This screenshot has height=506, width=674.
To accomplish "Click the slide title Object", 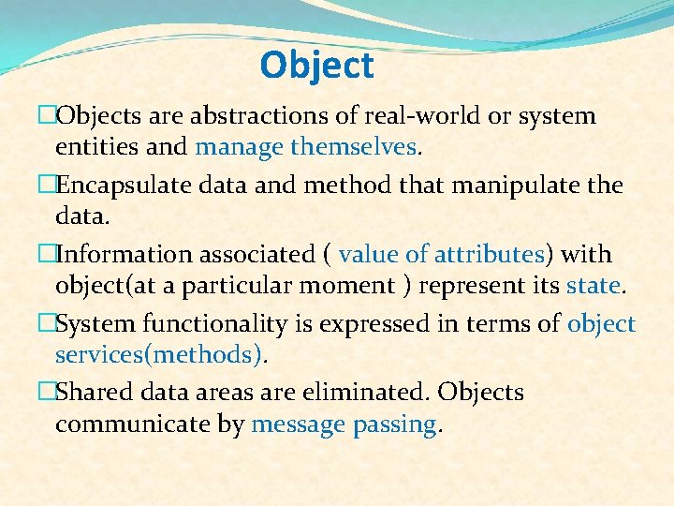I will pos(316,66).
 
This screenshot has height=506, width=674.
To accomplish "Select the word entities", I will pos(93,147).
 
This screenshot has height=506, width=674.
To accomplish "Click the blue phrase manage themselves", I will pos(306,147).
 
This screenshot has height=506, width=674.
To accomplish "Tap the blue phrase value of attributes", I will pos(442,255).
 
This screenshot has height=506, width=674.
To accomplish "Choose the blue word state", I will pos(593,286).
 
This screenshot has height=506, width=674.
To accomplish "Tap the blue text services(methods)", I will pos(158,355).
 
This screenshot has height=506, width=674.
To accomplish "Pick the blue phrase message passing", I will pos(344,424).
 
